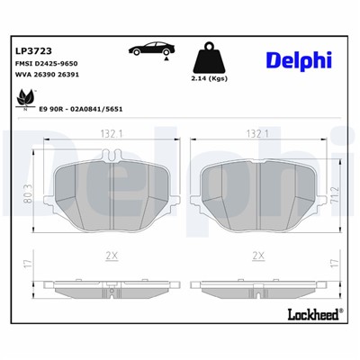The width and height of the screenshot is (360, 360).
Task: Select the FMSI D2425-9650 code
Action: (x=45, y=66)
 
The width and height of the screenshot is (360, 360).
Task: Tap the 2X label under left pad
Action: (x=112, y=256)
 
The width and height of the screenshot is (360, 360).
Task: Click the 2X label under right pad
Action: (x=259, y=256)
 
